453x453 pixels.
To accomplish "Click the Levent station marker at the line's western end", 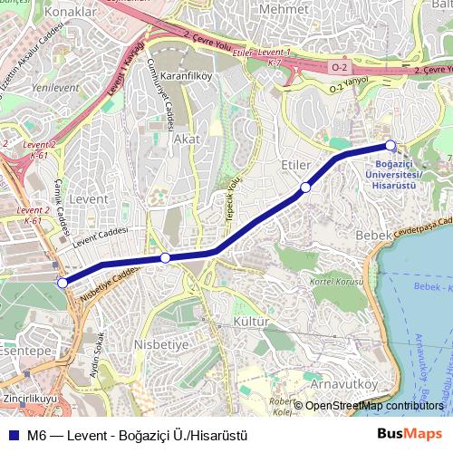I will pyautogui.click(x=63, y=283).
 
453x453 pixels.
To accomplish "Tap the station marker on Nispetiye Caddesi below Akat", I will pyautogui.click(x=165, y=258).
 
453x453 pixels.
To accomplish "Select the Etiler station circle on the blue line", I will pyautogui.click(x=306, y=188).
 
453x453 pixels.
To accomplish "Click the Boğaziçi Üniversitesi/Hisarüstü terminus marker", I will pyautogui.click(x=390, y=145).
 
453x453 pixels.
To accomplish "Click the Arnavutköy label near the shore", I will pyautogui.click(x=343, y=384).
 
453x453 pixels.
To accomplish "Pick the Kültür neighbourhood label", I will pyautogui.click(x=252, y=322).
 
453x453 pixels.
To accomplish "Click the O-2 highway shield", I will pyautogui.click(x=337, y=67).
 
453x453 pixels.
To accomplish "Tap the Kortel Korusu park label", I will pyautogui.click(x=329, y=281).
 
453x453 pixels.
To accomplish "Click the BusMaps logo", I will pyautogui.click(x=416, y=434).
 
